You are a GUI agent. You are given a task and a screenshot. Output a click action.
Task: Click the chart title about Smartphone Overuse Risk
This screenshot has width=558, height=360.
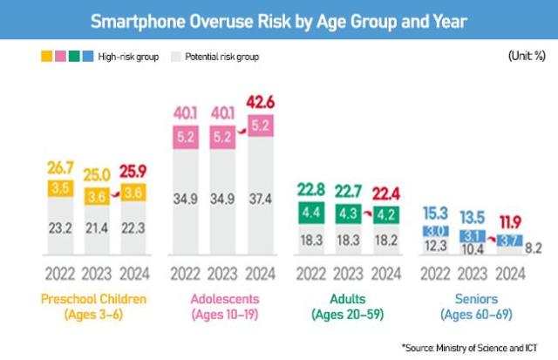tap(279, 19)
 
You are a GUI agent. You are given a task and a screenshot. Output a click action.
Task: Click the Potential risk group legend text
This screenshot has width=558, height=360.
tap(221, 57)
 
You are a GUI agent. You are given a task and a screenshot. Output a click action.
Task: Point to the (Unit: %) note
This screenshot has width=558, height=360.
tap(526, 57)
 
